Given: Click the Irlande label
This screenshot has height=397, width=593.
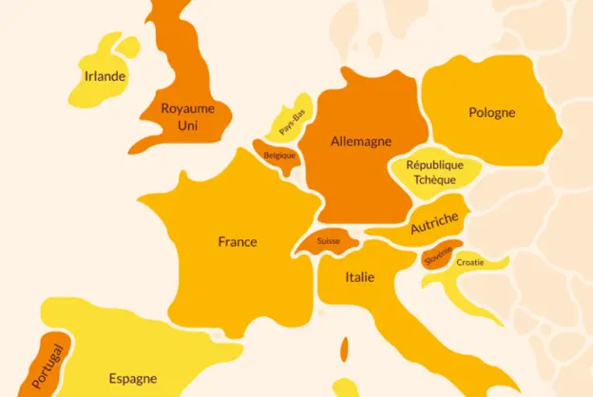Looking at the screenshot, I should point(105,77).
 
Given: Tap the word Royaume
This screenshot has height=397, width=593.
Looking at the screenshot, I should point(187,108).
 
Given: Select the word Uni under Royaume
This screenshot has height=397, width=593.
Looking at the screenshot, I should point(187,124).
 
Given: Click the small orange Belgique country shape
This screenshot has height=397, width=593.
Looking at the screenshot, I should point(277,157).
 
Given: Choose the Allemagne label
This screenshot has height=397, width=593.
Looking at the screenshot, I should point(361,142).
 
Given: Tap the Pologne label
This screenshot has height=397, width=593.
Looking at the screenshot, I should point(491,113).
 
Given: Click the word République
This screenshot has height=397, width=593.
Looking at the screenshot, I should point(434,165).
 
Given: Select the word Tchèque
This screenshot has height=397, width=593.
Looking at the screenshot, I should point(434,180).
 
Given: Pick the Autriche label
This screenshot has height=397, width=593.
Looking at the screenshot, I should point(434,224).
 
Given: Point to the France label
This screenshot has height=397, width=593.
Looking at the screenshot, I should point(238,242).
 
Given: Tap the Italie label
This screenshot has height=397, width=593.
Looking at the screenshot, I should point(359,278).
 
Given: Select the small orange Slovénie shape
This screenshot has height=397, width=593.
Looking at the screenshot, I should point(438,255).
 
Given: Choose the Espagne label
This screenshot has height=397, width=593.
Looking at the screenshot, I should point(133,378).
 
